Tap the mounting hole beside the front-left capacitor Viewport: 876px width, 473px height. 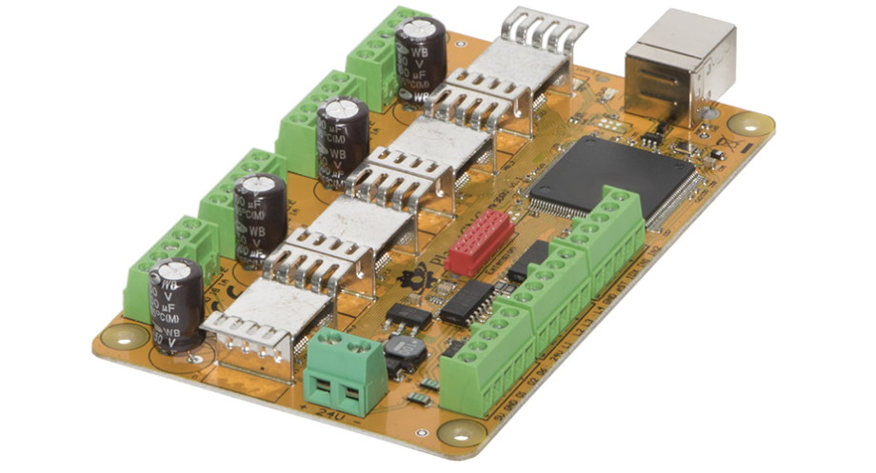pyautogui.click(x=123, y=336)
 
